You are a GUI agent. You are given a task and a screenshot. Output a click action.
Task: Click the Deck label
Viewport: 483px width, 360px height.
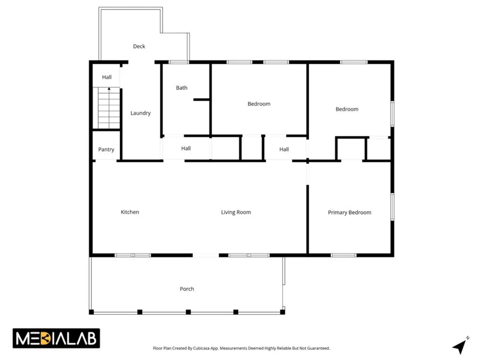pos(139,46)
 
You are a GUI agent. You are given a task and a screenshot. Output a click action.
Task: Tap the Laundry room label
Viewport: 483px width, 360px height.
pos(140,113)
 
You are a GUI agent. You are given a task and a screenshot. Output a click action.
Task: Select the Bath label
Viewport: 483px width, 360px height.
pos(181,88)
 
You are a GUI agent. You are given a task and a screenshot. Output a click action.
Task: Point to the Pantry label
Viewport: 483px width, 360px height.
pos(106,149)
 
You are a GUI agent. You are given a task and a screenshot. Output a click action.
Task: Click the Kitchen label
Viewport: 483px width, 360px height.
pos(130,212)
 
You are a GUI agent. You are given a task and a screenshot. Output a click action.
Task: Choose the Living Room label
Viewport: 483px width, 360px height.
pos(236,212)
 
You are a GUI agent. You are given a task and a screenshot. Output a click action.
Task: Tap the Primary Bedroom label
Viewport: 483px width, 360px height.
pos(350,212)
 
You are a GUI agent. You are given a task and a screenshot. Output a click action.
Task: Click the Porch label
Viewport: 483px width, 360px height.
pos(187,289)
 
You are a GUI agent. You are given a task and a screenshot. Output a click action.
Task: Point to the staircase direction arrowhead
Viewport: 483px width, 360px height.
pos(109,89)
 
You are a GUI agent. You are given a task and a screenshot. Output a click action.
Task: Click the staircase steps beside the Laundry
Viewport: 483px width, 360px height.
pos(109,108)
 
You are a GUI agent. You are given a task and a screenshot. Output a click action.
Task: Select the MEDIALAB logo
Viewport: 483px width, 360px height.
pos(56,338)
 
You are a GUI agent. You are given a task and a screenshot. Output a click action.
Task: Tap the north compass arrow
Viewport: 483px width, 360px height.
pos(460,346)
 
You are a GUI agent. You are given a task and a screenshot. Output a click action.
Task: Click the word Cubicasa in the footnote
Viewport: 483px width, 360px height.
pos(201,348)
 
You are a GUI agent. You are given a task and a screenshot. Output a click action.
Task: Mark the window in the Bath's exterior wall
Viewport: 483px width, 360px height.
pos(178,62)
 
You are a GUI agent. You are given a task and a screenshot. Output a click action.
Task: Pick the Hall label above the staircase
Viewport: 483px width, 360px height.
pos(107,77)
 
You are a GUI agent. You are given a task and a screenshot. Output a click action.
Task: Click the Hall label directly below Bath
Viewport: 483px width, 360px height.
pos(186,148)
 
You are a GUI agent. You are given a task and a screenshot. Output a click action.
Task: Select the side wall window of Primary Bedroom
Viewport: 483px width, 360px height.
pos(392,207)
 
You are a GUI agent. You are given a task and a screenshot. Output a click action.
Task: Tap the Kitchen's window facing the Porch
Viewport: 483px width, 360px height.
pos(133,255)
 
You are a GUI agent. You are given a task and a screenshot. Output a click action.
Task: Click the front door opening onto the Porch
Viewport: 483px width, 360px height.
pos(206,255)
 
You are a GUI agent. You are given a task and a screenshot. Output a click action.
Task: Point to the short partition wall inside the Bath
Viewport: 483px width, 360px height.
pos(201,100)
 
